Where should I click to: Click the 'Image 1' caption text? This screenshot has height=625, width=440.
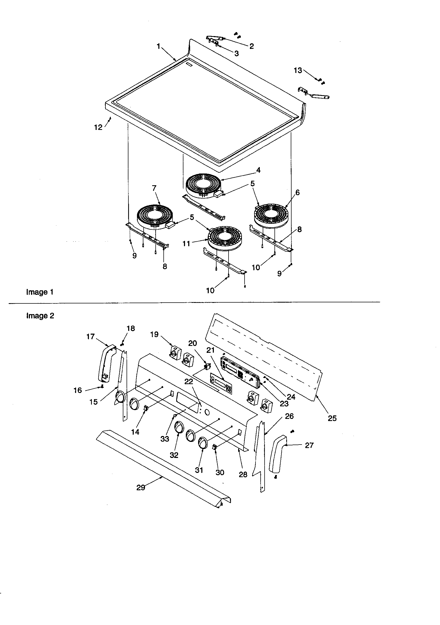40,292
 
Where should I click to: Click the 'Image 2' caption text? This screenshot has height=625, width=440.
40,316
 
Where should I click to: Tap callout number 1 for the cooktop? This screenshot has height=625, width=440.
158,46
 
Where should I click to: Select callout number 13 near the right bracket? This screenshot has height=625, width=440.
298,71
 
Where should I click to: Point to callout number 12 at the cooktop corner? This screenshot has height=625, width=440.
98,127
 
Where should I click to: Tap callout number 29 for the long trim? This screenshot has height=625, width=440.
141,488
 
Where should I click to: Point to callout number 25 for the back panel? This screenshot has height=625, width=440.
332,418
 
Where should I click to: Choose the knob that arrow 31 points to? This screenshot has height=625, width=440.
202,442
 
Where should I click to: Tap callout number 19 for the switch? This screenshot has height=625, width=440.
154,334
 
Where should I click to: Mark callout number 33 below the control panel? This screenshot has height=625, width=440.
164,439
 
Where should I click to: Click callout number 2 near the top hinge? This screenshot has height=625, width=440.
252,46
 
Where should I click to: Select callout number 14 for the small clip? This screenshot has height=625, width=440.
135,432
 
